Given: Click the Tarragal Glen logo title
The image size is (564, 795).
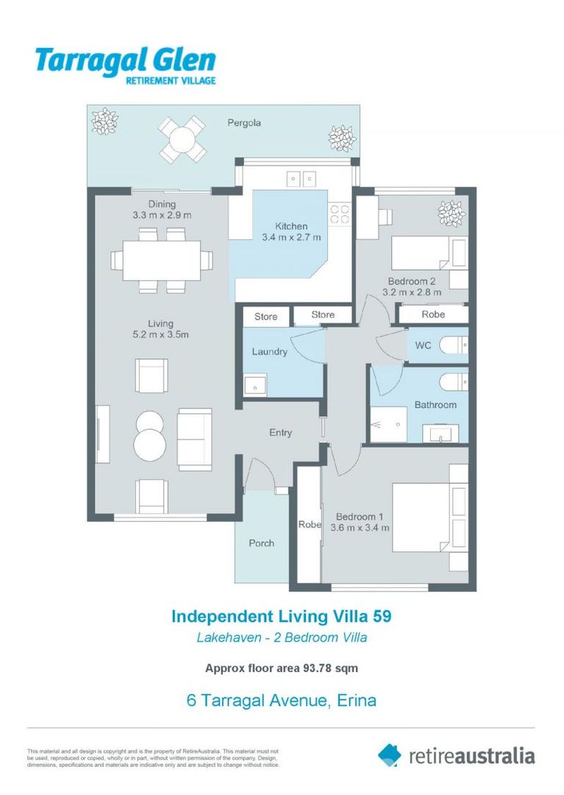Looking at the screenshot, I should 125,60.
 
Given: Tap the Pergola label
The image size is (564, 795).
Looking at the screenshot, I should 243,123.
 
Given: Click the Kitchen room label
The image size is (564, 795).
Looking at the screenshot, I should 291,226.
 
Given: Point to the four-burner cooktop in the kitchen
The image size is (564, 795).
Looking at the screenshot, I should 339,213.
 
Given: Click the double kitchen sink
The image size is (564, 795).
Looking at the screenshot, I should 301,178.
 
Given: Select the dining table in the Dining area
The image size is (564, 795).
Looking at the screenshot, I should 162,260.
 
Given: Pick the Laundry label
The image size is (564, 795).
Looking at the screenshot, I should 269,352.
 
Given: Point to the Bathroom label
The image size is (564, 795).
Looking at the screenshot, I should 435,405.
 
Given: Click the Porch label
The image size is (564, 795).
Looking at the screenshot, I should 261,543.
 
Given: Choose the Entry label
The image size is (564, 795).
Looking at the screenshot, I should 280,433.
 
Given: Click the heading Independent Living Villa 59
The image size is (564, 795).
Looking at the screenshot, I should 282,616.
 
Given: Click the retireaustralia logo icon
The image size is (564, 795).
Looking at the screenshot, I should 390,755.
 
